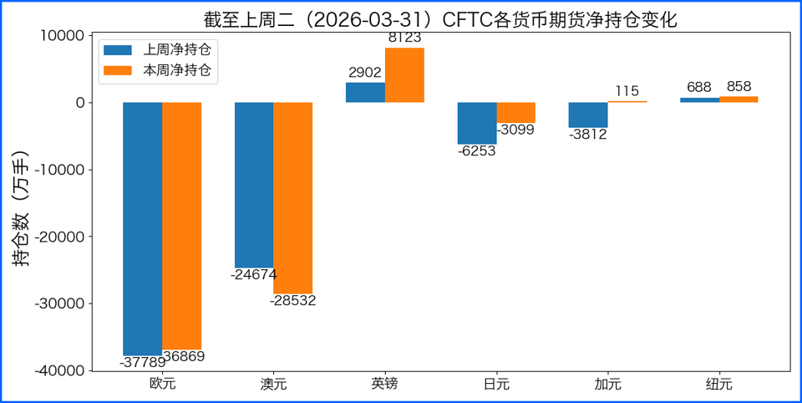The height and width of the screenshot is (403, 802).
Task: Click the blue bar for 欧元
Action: [x=143, y=228]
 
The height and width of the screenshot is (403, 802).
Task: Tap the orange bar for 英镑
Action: [x=404, y=75]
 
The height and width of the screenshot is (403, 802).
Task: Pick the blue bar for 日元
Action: [x=477, y=123]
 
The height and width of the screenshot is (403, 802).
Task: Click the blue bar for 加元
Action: [x=588, y=115]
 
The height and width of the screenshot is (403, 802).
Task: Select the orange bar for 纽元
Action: [x=739, y=99]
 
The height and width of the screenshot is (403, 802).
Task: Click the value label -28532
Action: [x=293, y=300]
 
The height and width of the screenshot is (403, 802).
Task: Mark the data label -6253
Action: [x=477, y=151]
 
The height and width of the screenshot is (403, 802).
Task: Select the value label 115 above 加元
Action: [x=627, y=91]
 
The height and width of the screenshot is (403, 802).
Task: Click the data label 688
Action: [x=699, y=87]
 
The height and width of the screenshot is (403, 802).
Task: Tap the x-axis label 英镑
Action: [x=385, y=385]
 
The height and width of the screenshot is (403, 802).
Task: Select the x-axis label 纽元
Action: [x=719, y=385]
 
